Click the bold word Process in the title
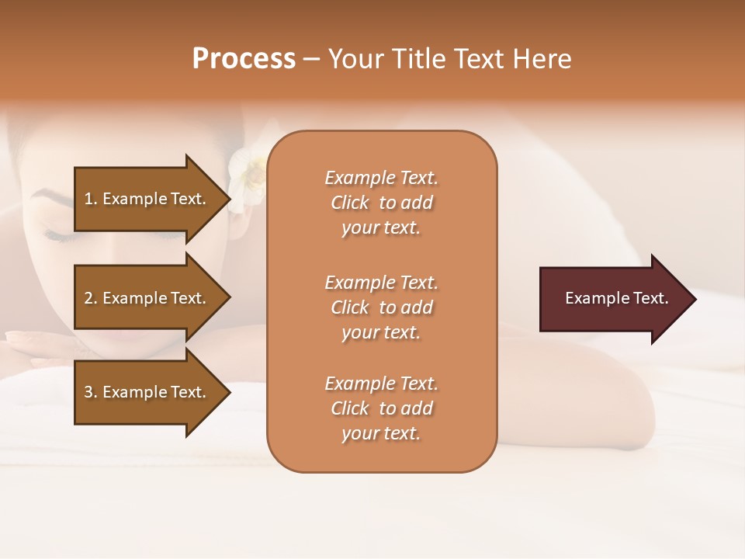pos(244,59)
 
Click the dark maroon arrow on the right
pos(613,299)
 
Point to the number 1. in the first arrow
pos(91,199)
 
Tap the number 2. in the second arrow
pos(91,298)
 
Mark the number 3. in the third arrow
pos(91,392)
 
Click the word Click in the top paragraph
pos(350,203)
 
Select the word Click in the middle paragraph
pos(350,307)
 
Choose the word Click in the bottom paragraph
pos(350,408)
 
